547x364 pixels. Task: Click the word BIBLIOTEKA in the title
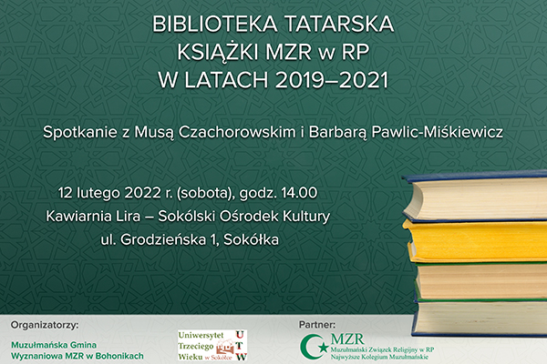215,24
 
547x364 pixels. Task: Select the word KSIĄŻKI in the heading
218,52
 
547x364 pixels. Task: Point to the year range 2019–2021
332,80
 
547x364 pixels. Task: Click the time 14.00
299,193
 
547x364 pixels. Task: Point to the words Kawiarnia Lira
93,217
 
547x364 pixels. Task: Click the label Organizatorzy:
45,326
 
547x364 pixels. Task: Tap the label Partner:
317,325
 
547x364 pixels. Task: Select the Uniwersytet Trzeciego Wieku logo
212,346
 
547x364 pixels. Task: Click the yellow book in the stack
475,240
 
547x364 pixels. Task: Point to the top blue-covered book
475,196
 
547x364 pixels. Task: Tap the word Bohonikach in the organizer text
119,357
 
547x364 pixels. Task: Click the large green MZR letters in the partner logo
347,339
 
